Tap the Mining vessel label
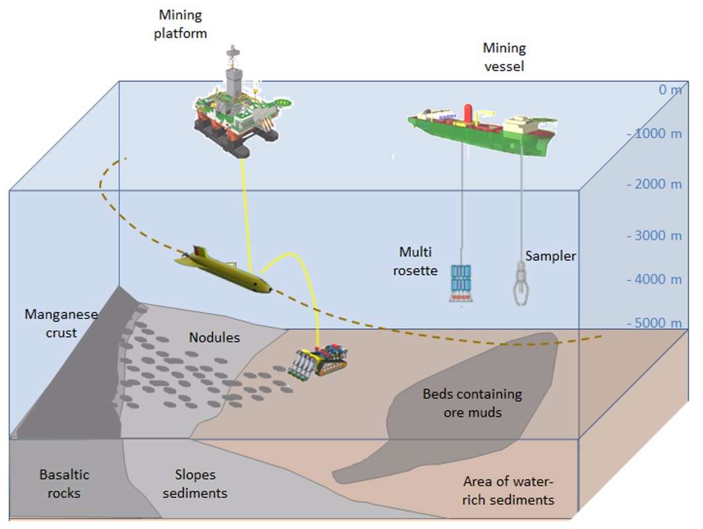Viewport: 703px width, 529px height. tap(504, 56)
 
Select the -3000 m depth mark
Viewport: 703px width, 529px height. tap(655, 235)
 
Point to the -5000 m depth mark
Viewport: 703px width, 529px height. tap(655, 323)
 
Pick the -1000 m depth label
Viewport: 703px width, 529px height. tap(655, 133)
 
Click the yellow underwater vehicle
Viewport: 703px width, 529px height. tap(223, 271)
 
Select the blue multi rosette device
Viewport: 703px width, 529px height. tap(461, 284)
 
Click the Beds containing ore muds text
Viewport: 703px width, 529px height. tap(472, 403)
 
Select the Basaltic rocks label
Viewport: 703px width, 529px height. tap(64, 484)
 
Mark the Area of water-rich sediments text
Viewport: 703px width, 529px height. tap(508, 491)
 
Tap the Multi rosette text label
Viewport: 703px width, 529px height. tap(415, 261)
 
